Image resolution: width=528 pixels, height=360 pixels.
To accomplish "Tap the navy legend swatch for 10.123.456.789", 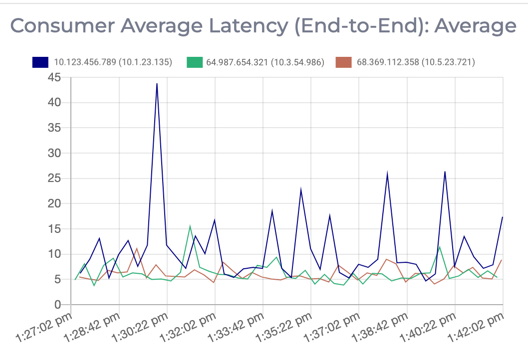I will pos(40,62).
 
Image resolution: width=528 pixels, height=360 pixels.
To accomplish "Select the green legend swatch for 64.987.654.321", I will pos(195,62).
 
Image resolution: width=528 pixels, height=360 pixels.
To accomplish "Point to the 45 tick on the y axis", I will pos(55,78).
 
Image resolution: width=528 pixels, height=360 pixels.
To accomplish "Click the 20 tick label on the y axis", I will pos(55,204).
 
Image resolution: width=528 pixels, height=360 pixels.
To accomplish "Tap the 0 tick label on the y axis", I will pos(58,305).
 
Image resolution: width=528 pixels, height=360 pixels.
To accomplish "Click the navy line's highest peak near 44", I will pos(157,84).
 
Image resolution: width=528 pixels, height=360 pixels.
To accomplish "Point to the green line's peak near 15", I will pos(190,226).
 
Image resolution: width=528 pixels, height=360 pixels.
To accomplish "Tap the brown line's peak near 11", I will pos(137,248).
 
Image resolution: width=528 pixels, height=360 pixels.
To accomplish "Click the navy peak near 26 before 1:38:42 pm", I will pos(387,174).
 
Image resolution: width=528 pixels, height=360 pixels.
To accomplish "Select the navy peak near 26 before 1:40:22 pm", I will pos(445,172).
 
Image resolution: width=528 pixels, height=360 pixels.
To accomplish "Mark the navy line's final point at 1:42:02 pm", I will pos(502,217).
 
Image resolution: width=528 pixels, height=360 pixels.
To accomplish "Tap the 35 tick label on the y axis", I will pos(55,128).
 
